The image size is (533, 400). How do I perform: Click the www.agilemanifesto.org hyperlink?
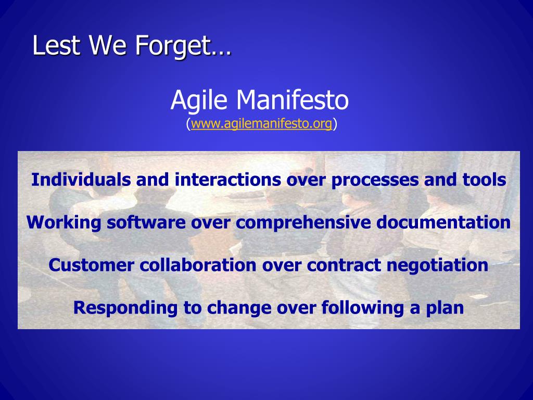261,124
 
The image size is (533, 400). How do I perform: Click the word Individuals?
81,180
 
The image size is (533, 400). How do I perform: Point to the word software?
146,222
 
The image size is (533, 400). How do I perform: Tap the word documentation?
443,222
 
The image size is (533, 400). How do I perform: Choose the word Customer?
91,265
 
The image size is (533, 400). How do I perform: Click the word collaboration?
198,265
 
